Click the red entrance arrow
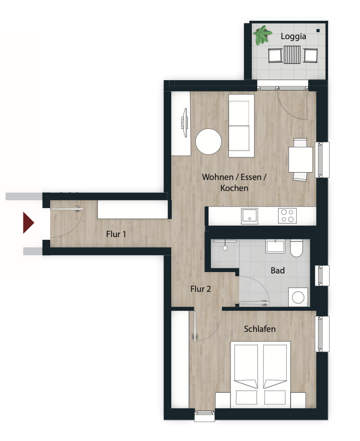click(28, 223)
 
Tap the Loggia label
click(293, 36)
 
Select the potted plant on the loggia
click(262, 35)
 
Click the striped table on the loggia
click(292, 55)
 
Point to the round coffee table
click(209, 141)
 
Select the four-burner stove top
click(287, 216)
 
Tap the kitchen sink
click(249, 216)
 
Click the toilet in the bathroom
click(296, 248)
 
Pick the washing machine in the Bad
click(298, 297)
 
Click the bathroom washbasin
click(275, 246)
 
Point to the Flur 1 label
click(116, 234)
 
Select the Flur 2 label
click(201, 289)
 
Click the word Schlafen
click(260, 329)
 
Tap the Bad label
click(278, 271)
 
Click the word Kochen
click(234, 188)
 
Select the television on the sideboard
click(184, 123)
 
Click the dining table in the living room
click(301, 159)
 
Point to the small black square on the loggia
click(318, 31)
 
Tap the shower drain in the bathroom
click(225, 248)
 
